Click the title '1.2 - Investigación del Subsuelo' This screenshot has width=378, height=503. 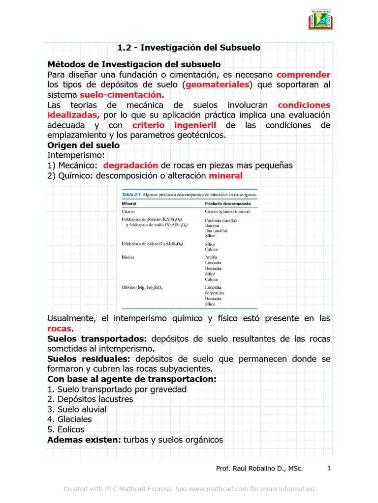tap(189, 48)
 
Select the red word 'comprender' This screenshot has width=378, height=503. tap(303, 75)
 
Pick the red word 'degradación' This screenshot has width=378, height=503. tap(130, 165)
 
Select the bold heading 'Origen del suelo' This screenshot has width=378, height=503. tap(83, 145)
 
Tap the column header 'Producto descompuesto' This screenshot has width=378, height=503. tap(228, 203)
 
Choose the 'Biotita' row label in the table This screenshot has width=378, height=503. tap(129, 256)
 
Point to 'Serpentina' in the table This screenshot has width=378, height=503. tap(216, 292)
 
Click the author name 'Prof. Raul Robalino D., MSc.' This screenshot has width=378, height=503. tap(259, 469)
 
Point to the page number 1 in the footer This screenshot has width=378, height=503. tap(328, 468)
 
